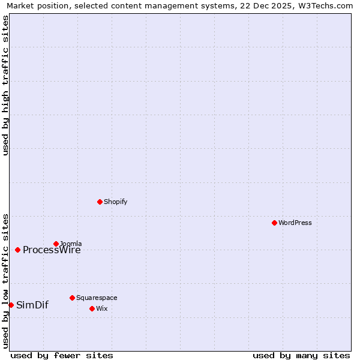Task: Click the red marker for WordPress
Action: point(274,223)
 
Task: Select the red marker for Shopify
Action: point(100,202)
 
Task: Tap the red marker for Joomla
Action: point(56,244)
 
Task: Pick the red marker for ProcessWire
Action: point(17,250)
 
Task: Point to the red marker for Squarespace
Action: point(72,298)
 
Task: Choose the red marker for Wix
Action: point(92,308)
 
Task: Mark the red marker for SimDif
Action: point(11,305)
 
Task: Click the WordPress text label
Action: point(295,223)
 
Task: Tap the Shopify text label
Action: point(116,202)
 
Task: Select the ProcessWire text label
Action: point(52,250)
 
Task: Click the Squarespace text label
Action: point(97,298)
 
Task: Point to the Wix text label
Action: point(102,308)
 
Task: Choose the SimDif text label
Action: point(32,305)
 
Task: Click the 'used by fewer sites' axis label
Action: point(62,355)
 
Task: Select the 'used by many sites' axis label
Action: point(301,355)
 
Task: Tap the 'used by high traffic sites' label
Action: point(5,86)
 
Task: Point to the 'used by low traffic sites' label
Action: point(5,280)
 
